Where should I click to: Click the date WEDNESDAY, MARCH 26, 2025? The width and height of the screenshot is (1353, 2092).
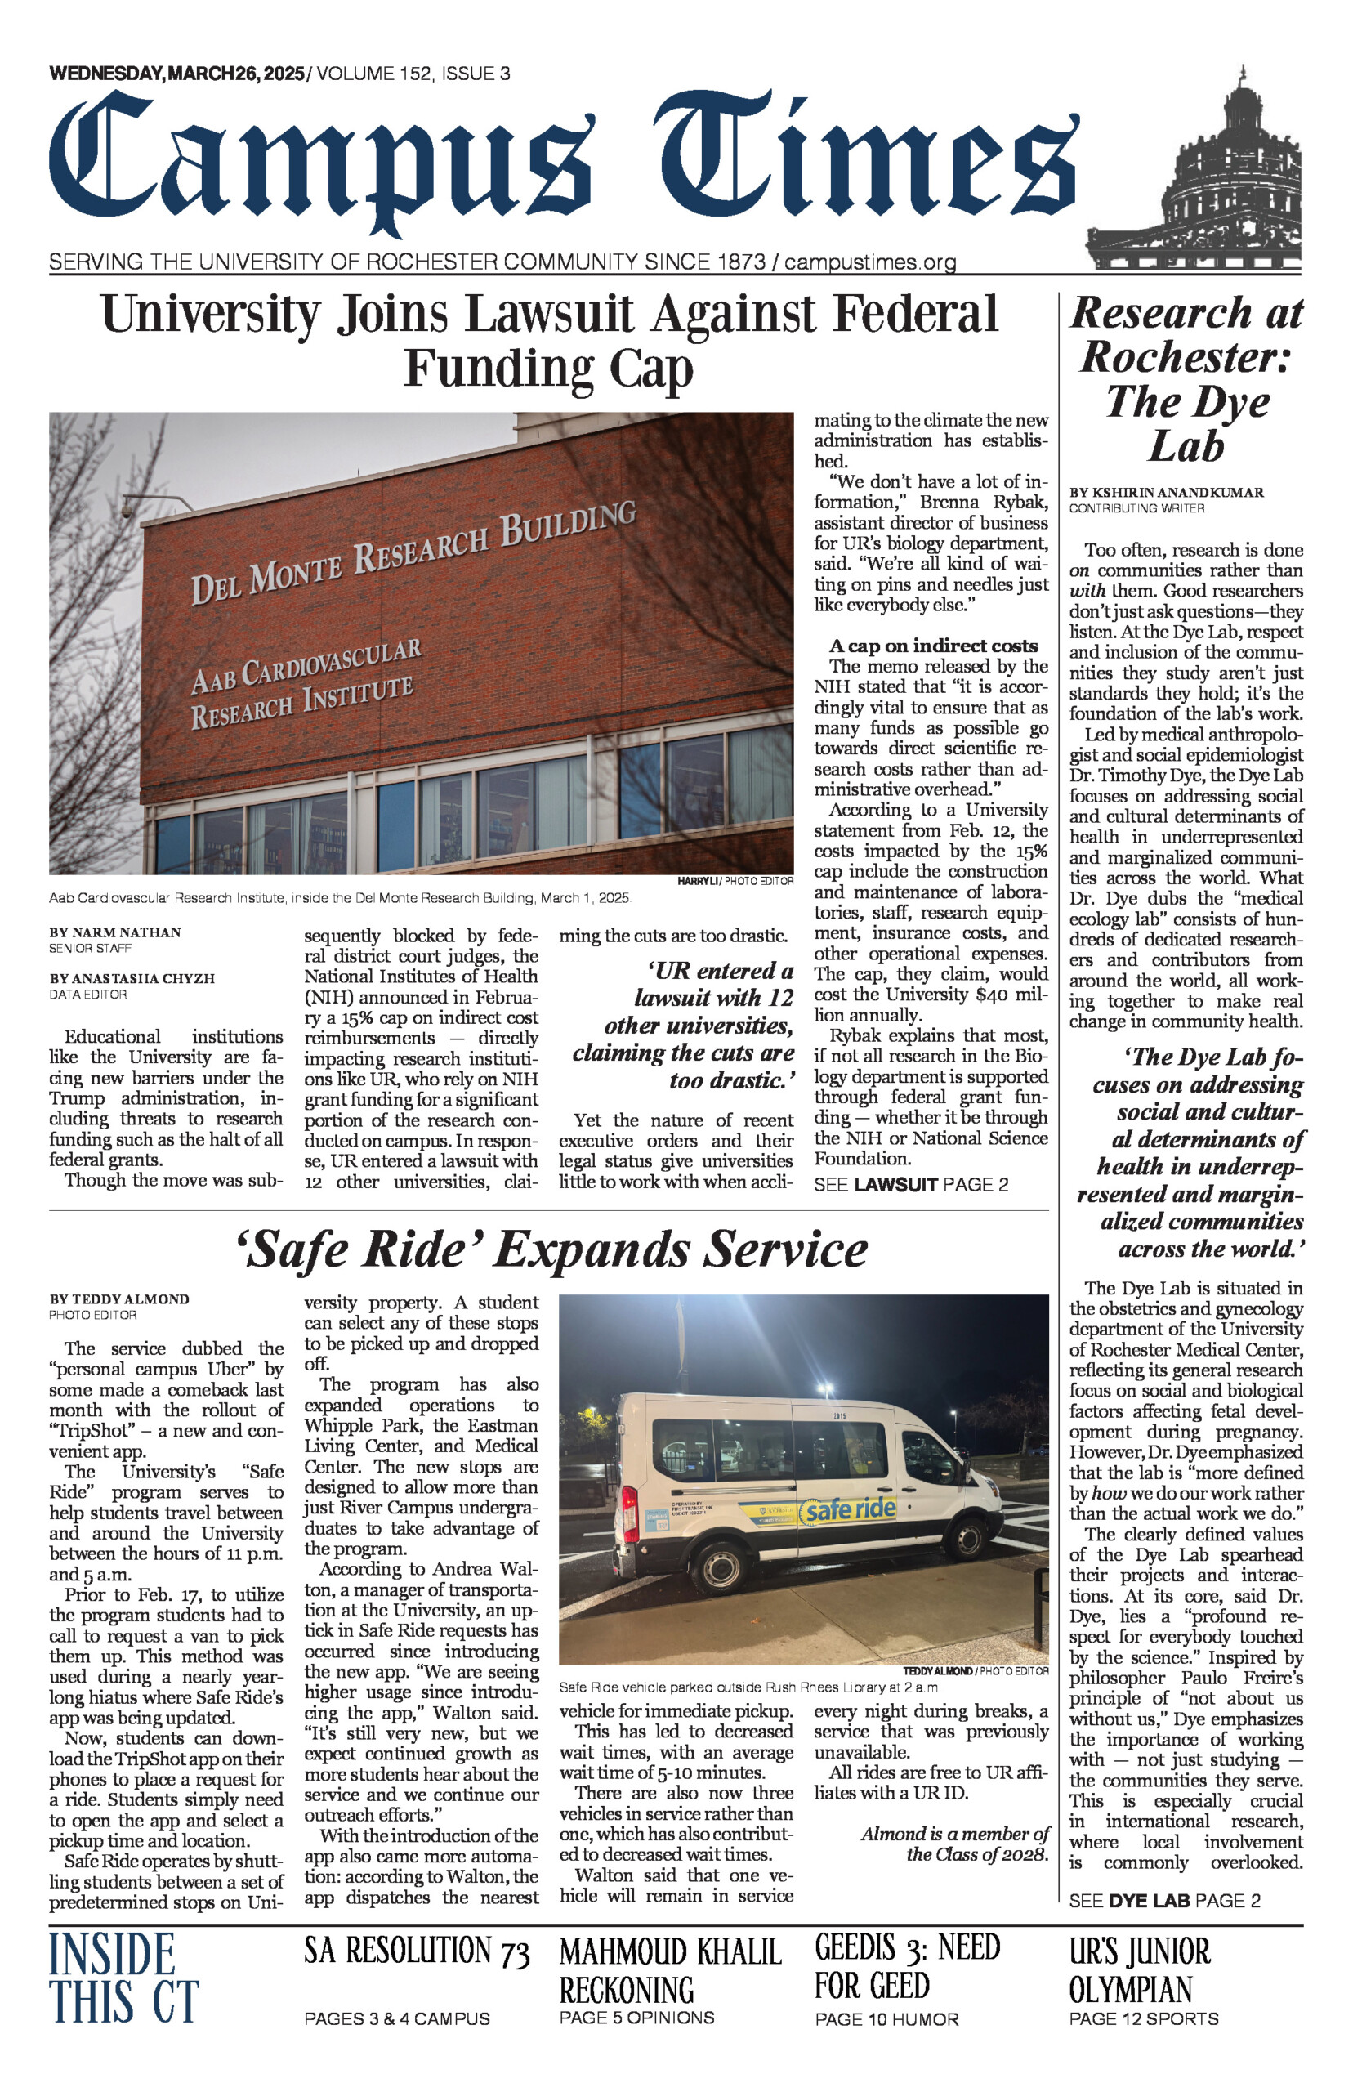coord(176,74)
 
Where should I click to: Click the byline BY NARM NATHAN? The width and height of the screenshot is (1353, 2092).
coord(115,932)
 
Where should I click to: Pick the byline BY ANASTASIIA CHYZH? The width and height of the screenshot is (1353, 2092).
coord(132,978)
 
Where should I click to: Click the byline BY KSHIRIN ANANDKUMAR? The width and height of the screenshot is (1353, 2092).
coord(1166,492)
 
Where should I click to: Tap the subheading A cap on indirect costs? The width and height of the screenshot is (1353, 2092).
coord(933,646)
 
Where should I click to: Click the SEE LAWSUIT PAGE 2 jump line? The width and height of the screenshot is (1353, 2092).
coord(911,1184)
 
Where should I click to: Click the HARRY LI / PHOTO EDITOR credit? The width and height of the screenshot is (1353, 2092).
coord(735,880)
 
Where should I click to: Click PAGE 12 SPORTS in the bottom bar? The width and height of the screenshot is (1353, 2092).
coord(1143,2018)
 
